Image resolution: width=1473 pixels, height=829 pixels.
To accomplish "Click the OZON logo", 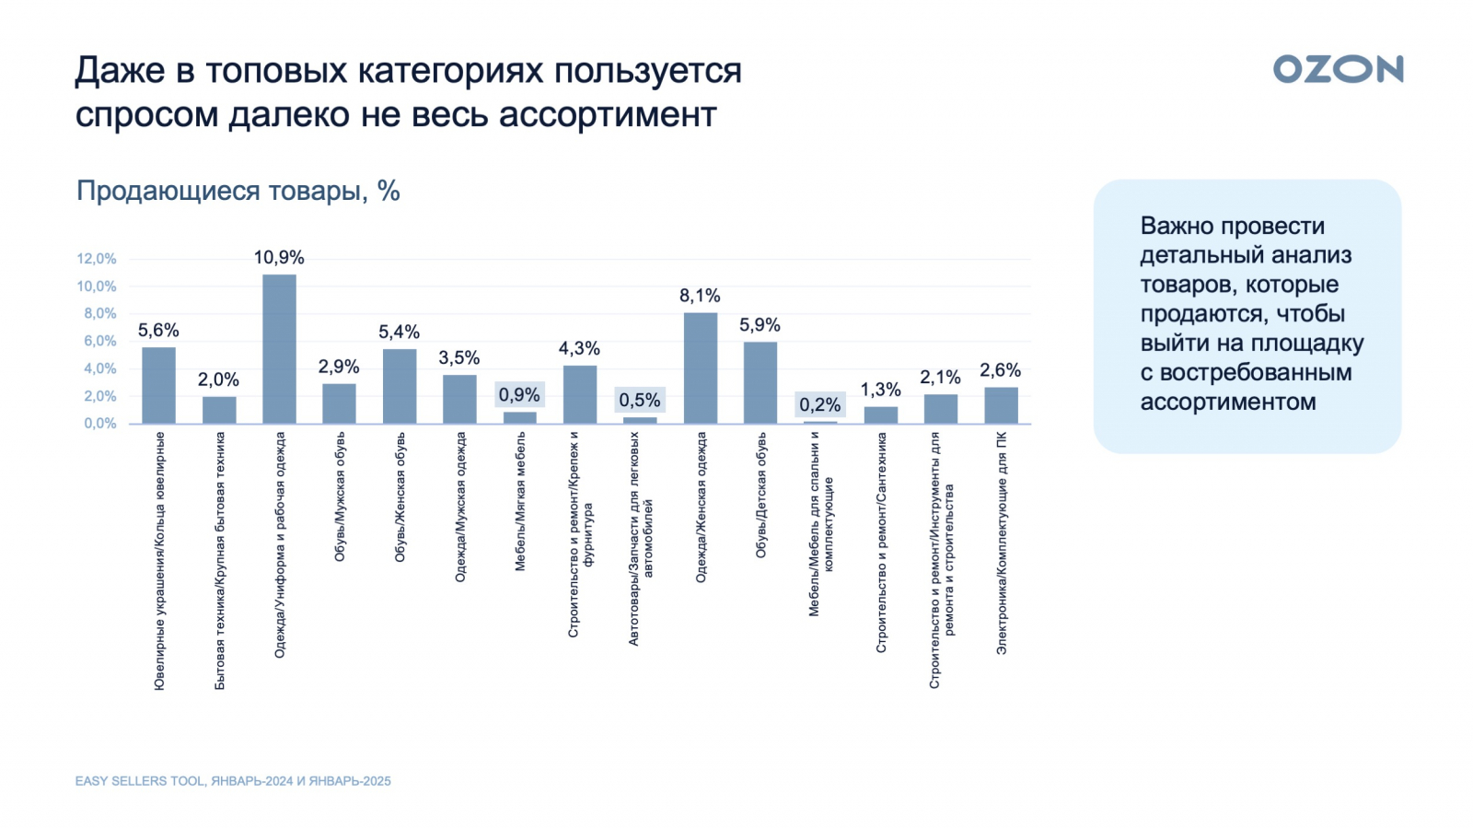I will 1338,69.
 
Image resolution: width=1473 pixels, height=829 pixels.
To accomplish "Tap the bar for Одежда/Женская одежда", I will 701,368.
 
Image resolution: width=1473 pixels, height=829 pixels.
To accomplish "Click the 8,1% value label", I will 700,296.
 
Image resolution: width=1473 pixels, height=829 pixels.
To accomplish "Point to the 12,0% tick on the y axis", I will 97,259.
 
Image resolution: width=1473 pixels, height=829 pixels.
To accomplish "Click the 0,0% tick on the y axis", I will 100,424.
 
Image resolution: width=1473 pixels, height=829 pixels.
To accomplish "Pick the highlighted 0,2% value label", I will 819,404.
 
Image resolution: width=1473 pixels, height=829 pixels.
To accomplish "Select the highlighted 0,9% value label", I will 519,394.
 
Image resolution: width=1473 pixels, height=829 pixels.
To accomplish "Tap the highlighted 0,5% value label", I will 639,400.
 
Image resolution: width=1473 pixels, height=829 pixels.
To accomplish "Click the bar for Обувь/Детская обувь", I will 760,382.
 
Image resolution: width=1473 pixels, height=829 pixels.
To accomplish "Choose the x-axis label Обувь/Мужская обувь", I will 340,496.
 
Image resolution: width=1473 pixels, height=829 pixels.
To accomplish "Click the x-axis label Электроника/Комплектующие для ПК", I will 1001,543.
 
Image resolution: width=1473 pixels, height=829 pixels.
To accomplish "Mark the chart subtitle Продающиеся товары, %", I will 238,191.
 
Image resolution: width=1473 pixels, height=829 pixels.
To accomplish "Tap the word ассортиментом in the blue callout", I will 1227,402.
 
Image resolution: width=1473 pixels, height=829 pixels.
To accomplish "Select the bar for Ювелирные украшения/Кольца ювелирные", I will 158,385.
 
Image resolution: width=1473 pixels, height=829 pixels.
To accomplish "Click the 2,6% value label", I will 1000,370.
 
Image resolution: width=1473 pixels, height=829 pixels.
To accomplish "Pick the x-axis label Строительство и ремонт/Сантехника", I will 881,543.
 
